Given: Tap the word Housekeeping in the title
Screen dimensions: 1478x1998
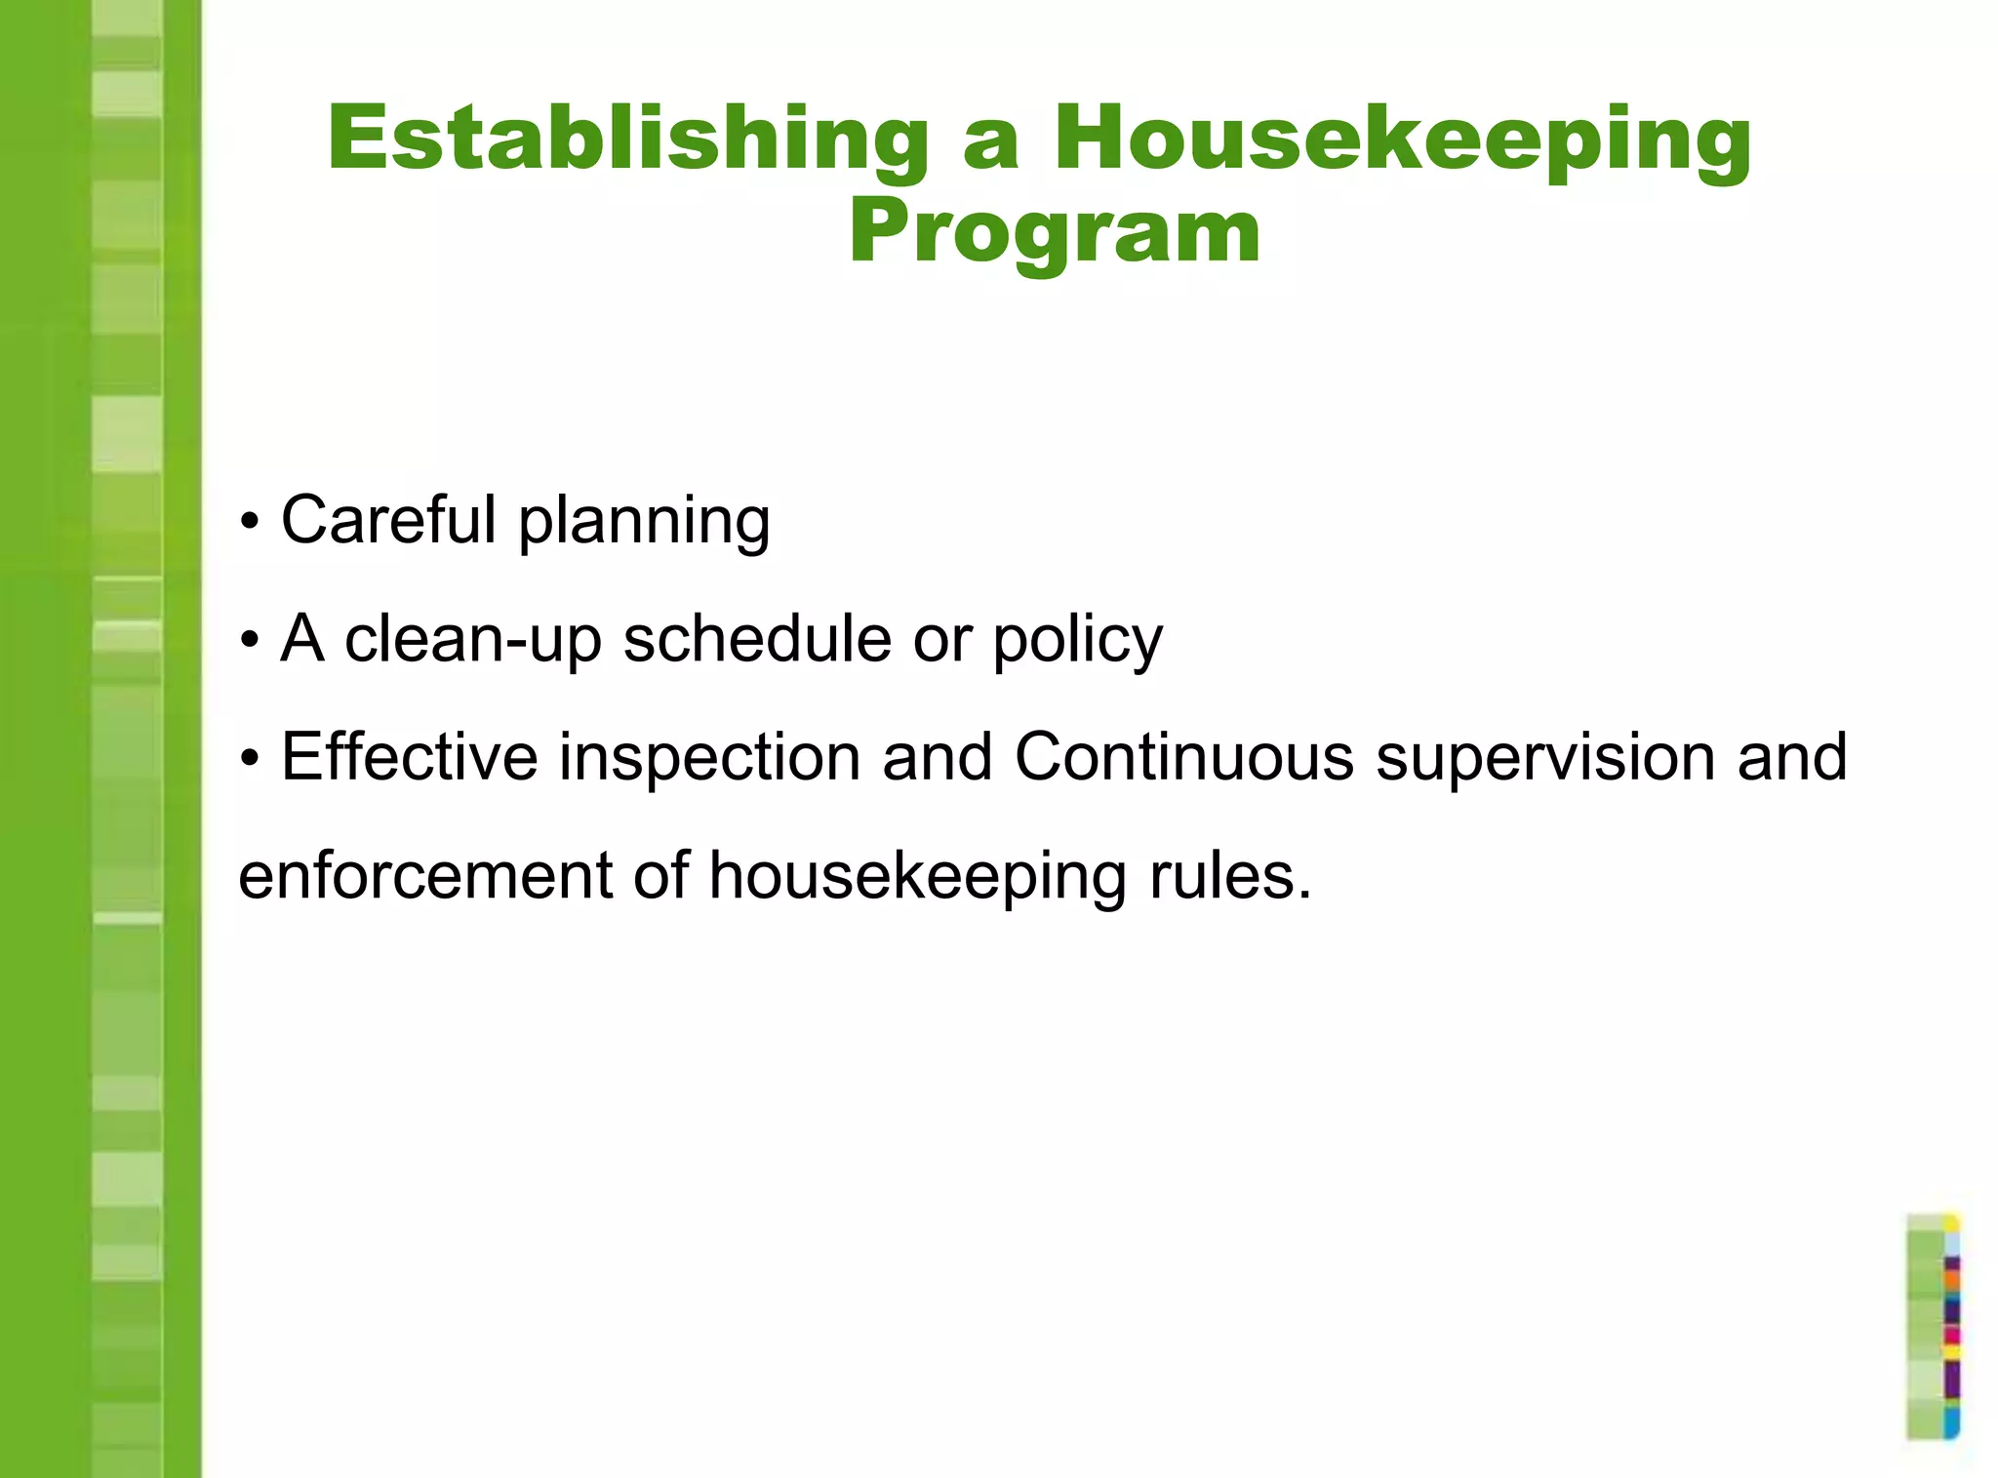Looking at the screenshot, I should [x=1402, y=140].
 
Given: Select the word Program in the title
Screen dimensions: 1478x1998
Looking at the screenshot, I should [x=1055, y=232].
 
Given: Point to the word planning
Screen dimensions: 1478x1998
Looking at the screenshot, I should [x=644, y=522].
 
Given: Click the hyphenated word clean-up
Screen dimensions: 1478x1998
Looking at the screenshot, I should [x=473, y=640].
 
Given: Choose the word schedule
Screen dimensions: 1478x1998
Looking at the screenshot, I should [x=757, y=639].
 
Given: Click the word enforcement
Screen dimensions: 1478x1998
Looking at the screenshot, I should [x=425, y=875].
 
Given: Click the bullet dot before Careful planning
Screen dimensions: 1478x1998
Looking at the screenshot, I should [x=251, y=523].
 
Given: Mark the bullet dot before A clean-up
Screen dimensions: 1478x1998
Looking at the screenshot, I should [x=251, y=642].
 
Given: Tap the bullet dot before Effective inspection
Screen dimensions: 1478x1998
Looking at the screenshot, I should [x=251, y=759].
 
